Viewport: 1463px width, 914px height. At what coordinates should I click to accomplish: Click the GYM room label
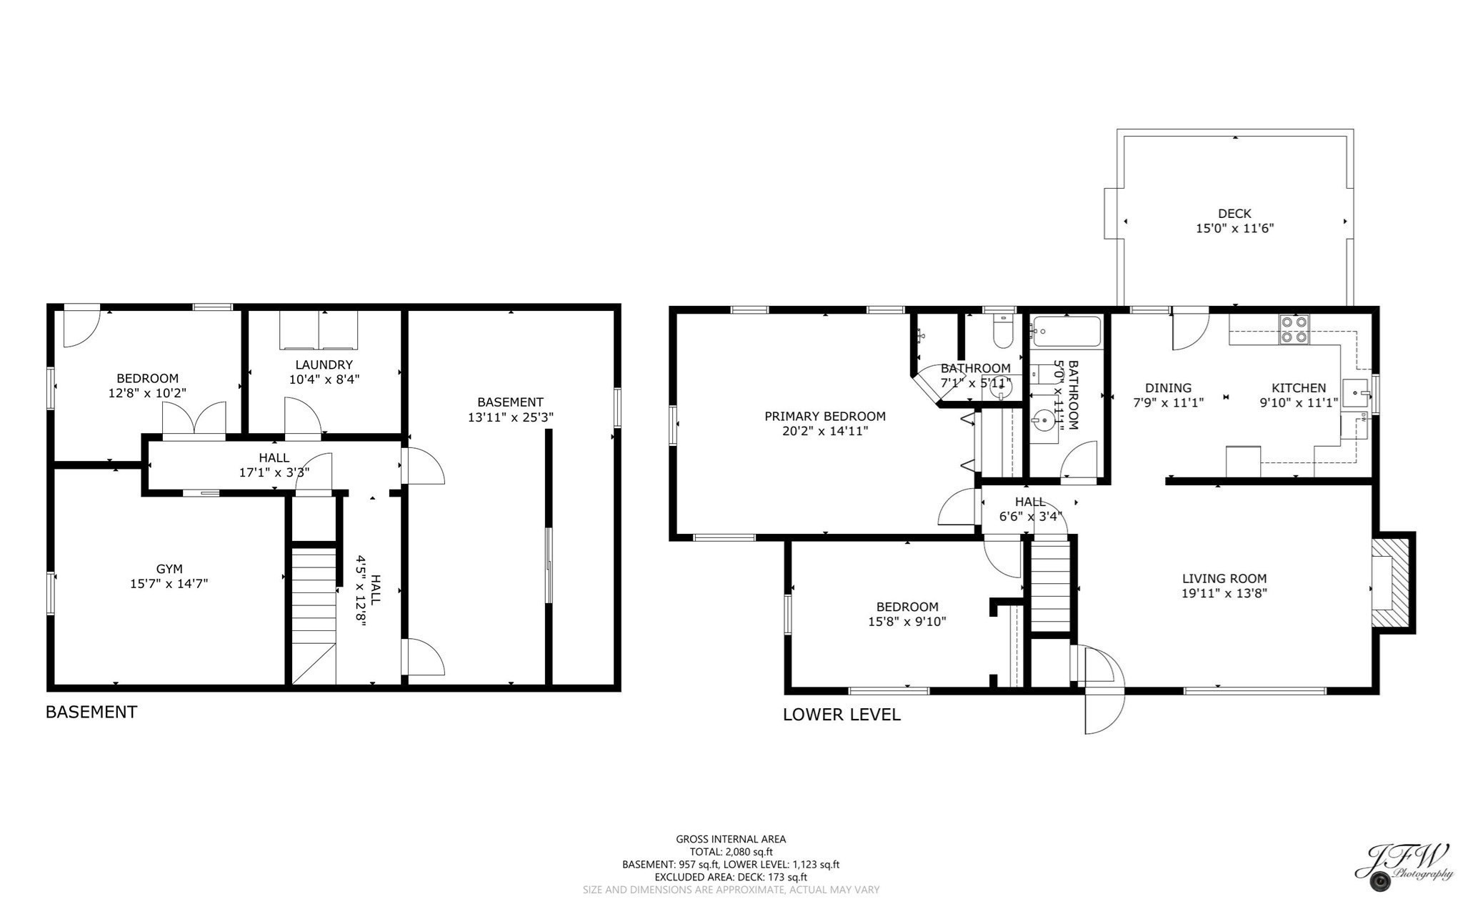(169, 569)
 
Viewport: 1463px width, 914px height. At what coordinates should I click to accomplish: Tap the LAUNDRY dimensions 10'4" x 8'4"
(324, 379)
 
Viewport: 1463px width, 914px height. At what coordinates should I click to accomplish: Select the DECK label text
(1234, 214)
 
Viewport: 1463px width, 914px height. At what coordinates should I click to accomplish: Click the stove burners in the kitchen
(1294, 329)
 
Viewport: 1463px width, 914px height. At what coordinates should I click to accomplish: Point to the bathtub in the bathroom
(1067, 332)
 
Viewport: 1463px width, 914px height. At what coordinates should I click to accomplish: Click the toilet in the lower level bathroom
(1004, 333)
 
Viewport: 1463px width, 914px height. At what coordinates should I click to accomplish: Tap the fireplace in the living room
(1389, 582)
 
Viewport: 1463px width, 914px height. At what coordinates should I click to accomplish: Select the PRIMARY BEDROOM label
(825, 416)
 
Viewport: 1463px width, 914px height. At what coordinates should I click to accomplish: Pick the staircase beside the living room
(1050, 585)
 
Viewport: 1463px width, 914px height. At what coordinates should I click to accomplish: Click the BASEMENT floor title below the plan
(91, 712)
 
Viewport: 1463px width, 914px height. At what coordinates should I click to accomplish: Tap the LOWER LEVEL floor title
(842, 715)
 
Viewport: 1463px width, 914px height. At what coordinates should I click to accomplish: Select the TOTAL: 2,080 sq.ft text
(731, 852)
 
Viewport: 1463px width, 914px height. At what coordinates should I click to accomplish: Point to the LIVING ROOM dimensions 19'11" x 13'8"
(1224, 593)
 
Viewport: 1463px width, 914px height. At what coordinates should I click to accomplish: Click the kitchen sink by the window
(1356, 392)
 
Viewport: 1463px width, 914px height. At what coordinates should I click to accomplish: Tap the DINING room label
(1169, 388)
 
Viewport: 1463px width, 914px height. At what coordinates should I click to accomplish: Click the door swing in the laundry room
(302, 417)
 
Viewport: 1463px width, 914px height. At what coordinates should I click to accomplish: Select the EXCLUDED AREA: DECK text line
(731, 877)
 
